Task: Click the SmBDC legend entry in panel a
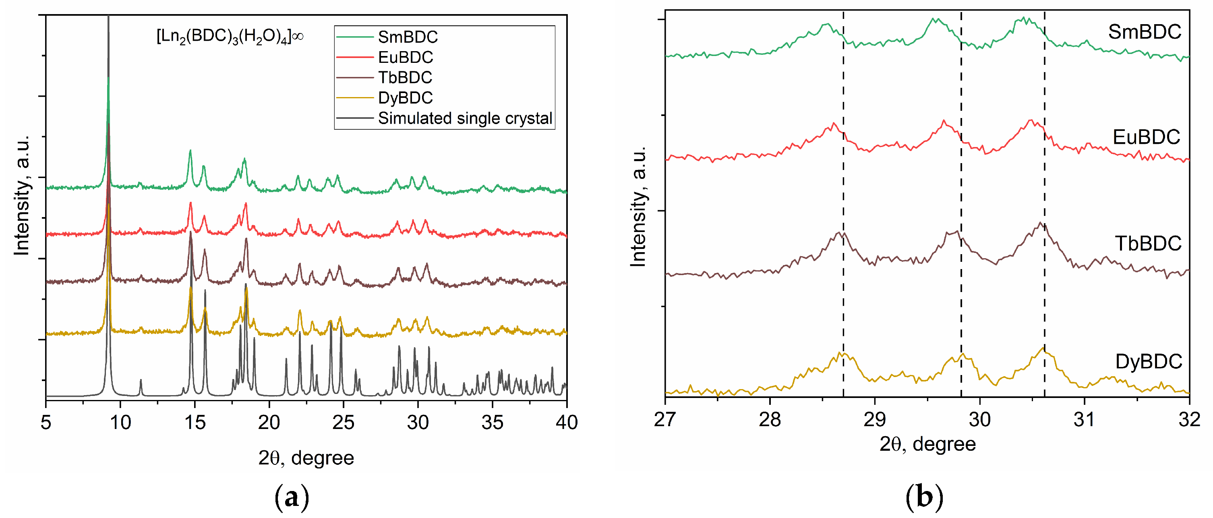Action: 407,37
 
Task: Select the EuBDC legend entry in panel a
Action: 405,58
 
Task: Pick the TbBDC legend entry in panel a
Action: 405,78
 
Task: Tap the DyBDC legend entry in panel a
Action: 405,98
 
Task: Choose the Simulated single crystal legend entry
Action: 464,118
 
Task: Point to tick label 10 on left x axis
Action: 120,423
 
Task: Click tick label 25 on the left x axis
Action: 343,423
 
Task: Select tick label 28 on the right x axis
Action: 770,419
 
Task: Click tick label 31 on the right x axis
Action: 1085,419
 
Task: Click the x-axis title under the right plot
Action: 927,444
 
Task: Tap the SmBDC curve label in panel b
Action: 1144,32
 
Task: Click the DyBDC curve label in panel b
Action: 1149,362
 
